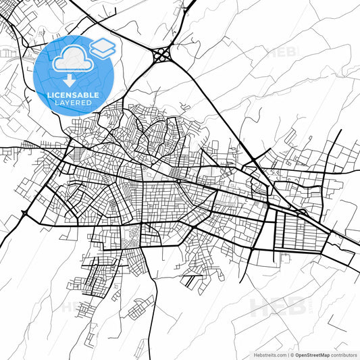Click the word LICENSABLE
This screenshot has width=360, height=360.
click(x=74, y=95)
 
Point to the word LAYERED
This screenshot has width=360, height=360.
click(x=74, y=103)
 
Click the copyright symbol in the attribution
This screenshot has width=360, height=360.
click(x=292, y=354)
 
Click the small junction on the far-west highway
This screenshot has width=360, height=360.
click(x=25, y=214)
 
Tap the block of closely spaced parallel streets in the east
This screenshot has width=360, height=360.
click(x=298, y=230)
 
